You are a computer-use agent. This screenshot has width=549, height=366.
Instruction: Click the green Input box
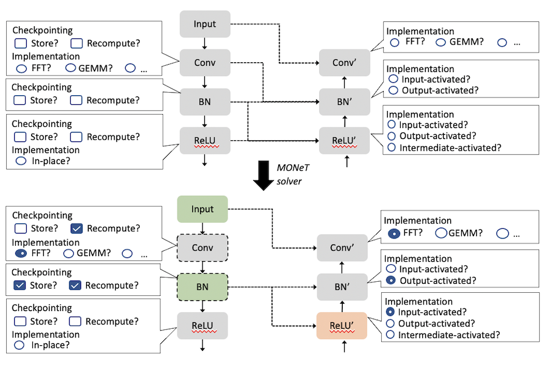click(x=203, y=209)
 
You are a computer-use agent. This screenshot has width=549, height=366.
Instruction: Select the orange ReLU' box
click(x=343, y=325)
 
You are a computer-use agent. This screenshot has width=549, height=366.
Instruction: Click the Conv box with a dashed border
click(x=203, y=248)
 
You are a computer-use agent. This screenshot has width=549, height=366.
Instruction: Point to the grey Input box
click(x=204, y=24)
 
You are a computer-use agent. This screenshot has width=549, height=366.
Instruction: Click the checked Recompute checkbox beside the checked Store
click(x=75, y=285)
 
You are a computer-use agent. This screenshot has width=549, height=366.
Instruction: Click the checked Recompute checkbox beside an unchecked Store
click(x=77, y=228)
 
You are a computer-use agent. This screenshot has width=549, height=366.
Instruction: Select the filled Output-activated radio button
click(x=390, y=281)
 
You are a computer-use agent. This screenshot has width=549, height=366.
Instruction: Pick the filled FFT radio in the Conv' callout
click(x=394, y=232)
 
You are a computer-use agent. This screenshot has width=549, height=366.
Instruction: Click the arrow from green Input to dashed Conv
click(x=203, y=228)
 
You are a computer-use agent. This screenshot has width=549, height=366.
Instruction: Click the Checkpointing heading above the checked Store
click(x=41, y=272)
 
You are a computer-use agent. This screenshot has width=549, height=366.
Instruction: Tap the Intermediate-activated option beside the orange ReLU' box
click(x=449, y=335)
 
